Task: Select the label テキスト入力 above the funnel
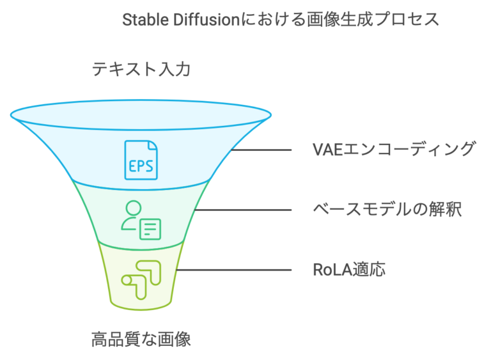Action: (x=141, y=68)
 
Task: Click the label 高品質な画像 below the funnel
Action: (x=141, y=338)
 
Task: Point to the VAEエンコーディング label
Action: (x=394, y=150)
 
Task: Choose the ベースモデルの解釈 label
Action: (x=387, y=209)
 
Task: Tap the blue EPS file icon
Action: (x=141, y=159)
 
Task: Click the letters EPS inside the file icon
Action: (x=141, y=166)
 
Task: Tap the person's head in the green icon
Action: (x=133, y=208)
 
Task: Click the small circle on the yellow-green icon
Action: (x=127, y=279)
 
